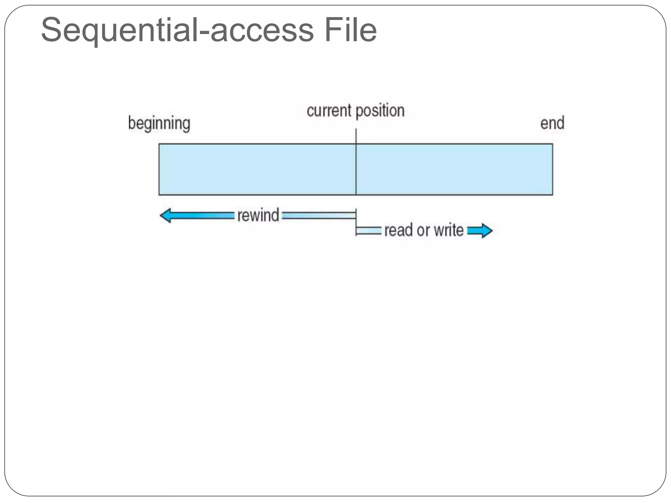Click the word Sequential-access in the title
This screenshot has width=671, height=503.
(177, 30)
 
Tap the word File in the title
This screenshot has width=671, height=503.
(351, 30)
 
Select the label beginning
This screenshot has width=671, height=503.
(159, 123)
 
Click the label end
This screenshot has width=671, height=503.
(552, 123)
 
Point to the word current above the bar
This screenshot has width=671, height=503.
(329, 110)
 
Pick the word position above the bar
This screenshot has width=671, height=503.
(380, 111)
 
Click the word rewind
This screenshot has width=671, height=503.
(258, 215)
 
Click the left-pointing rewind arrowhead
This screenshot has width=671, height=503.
(165, 215)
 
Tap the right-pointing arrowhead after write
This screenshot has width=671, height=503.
(486, 231)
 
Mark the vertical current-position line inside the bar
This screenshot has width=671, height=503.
(356, 169)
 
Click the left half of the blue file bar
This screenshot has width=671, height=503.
(257, 169)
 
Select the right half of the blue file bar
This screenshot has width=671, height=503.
(454, 169)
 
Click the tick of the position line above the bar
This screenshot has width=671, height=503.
(356, 136)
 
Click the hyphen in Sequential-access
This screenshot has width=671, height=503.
(204, 33)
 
